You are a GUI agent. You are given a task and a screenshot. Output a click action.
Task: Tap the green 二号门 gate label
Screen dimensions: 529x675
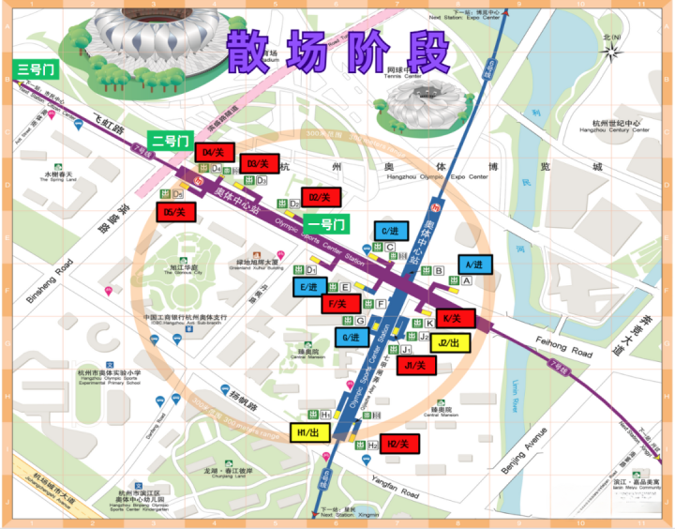[169, 142]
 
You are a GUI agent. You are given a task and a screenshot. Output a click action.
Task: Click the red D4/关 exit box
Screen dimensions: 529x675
[213, 152]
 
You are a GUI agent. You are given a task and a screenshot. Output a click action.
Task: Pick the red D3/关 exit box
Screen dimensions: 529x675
[260, 163]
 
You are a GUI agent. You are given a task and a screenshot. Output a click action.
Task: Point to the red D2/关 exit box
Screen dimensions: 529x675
[321, 198]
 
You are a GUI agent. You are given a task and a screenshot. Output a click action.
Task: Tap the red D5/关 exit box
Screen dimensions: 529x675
[175, 213]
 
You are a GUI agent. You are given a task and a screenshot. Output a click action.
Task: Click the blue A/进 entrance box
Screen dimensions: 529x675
[472, 265]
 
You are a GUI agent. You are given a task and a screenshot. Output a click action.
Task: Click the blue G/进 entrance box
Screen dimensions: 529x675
[352, 338]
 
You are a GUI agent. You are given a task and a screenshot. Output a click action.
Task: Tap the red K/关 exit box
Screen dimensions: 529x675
[453, 319]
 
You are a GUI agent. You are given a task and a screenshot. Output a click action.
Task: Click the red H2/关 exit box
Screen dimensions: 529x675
[399, 443]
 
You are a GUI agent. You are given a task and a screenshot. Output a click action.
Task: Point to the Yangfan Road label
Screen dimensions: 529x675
[397, 487]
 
